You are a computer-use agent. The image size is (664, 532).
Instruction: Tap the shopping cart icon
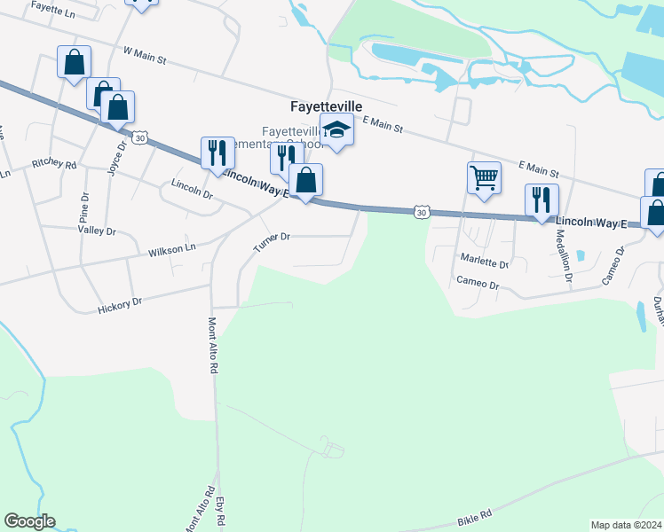click(x=485, y=177)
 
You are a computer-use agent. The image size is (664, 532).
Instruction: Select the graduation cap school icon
click(x=336, y=131)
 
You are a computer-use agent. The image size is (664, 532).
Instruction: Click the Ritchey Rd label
click(x=54, y=165)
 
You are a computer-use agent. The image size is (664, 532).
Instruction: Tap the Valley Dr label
click(x=98, y=231)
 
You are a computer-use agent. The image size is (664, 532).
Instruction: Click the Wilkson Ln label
click(x=171, y=250)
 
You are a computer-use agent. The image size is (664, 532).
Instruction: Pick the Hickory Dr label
click(x=120, y=306)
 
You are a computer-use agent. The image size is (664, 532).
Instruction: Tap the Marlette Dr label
click(x=484, y=263)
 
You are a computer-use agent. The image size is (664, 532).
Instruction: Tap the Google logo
click(x=29, y=521)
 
